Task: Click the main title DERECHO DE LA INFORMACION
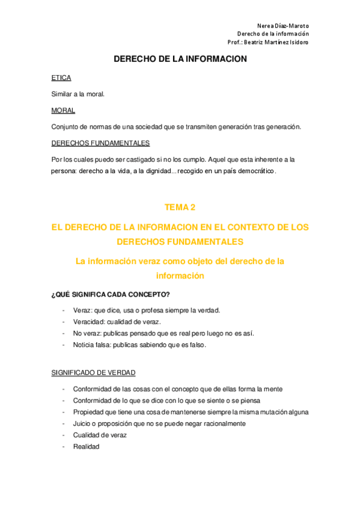click(x=180, y=60)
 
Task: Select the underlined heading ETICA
click(x=61, y=78)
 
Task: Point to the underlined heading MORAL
click(x=63, y=110)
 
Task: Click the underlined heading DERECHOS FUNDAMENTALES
click(x=100, y=143)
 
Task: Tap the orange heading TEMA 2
click(x=180, y=207)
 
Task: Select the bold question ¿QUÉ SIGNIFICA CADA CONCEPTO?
click(x=111, y=294)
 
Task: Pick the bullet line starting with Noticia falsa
click(x=139, y=345)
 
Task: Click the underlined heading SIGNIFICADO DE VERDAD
click(x=94, y=373)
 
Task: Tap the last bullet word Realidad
click(x=86, y=447)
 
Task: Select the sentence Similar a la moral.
click(x=78, y=94)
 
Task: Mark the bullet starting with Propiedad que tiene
click(x=191, y=412)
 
